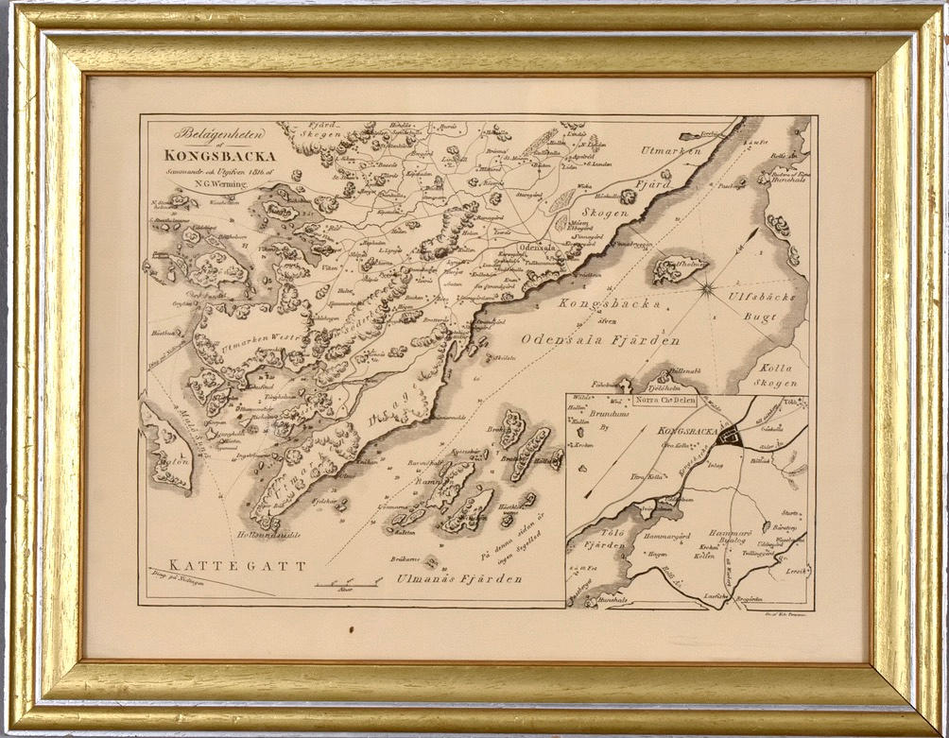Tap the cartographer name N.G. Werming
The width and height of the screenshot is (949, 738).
click(216, 184)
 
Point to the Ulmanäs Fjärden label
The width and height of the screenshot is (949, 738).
click(458, 578)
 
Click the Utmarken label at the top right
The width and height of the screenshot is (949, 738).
click(671, 151)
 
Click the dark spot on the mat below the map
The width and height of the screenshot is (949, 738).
click(351, 627)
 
